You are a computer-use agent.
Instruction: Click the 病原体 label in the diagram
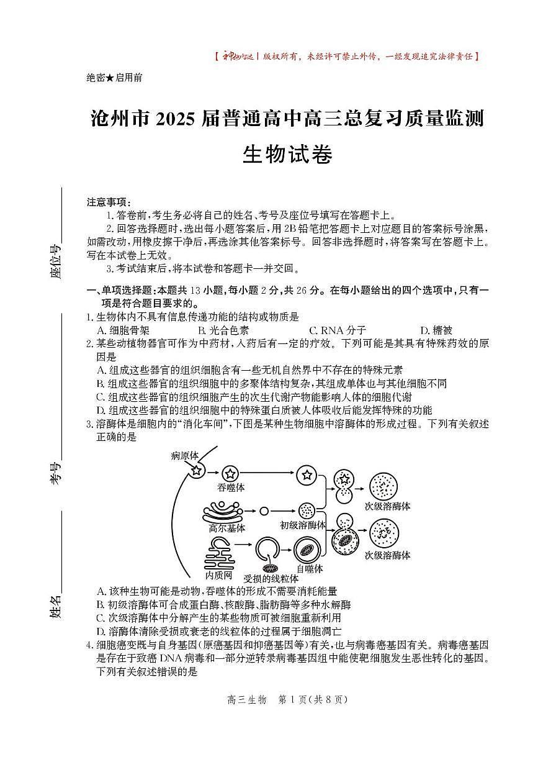185,456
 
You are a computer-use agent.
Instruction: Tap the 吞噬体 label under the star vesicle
231,488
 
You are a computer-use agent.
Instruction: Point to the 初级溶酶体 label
303,525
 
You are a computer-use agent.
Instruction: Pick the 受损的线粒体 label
271,578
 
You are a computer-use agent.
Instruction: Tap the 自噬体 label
308,568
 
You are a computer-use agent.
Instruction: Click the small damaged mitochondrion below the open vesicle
271,568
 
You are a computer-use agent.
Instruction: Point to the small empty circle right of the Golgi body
264,511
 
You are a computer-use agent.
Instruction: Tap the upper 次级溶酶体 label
387,506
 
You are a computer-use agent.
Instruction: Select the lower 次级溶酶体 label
387,555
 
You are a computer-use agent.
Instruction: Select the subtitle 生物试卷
287,153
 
